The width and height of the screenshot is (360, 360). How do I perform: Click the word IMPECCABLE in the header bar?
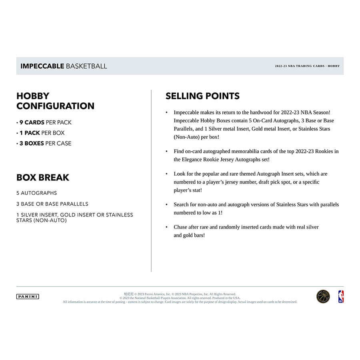(42, 66)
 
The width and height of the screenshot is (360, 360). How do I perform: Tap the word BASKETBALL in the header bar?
(86, 66)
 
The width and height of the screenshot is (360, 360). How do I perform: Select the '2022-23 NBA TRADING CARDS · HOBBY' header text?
(307, 66)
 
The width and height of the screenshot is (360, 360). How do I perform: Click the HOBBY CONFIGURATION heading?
(55, 101)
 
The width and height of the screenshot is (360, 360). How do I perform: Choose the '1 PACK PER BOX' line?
(40, 133)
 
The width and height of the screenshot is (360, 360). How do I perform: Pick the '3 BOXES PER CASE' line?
(44, 143)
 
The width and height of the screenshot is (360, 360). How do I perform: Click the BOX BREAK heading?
(43, 177)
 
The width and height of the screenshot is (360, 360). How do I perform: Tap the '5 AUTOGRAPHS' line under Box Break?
(37, 193)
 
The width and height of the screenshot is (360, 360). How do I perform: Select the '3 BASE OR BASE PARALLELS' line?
(52, 204)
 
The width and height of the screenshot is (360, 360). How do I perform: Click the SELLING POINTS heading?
(202, 96)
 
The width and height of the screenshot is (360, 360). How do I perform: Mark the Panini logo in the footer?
(28, 296)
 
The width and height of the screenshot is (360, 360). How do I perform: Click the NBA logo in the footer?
(341, 296)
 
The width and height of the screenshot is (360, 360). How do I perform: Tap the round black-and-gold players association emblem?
(323, 296)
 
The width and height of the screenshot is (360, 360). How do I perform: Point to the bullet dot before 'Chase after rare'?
(167, 227)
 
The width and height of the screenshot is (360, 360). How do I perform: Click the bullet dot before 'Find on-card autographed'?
(167, 152)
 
